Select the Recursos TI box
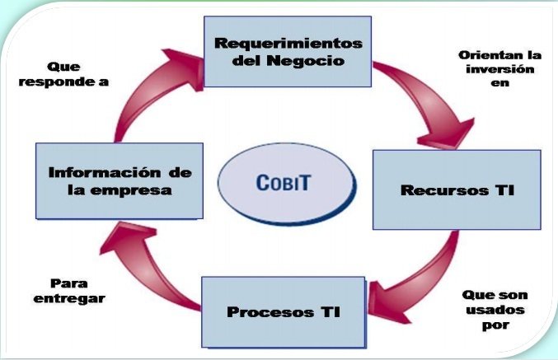[456, 189]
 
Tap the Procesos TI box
[283, 313]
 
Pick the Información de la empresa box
[120, 180]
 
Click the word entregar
[69, 298]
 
